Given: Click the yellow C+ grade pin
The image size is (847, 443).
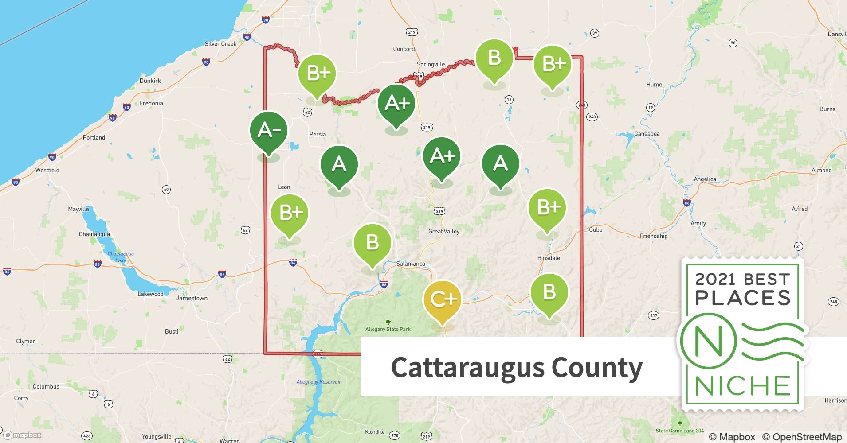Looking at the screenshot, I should [442, 300].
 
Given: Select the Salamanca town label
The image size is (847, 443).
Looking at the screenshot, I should [410, 264].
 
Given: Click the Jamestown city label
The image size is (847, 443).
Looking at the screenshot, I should [192, 298].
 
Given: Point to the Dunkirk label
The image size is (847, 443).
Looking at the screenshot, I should [150, 81].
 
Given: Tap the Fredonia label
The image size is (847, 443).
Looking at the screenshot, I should [151, 103].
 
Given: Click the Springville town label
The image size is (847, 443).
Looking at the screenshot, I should [431, 64].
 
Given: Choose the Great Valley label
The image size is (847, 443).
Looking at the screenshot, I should [443, 231].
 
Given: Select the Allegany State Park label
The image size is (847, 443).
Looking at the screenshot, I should [388, 329].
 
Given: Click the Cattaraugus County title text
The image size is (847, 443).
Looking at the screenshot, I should [517, 368].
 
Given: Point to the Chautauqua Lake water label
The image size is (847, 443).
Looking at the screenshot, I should [120, 257].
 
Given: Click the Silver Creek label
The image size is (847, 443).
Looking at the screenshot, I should [220, 44].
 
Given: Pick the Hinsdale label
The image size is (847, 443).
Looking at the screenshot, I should [549, 258].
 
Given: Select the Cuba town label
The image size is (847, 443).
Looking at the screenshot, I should [596, 229].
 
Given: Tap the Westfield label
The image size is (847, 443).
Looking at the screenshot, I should [47, 170].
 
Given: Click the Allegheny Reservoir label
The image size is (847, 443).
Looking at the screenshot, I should [318, 382].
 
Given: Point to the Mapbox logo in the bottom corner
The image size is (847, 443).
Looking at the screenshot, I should [22, 435].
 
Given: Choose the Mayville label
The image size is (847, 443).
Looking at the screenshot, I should [78, 209].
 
